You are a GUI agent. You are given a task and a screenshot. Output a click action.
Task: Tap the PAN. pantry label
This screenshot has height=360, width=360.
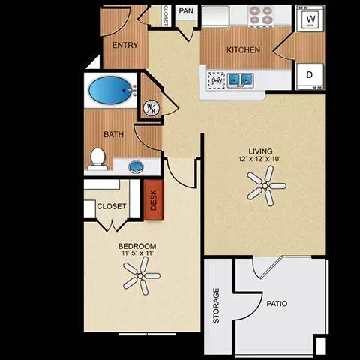(186, 12)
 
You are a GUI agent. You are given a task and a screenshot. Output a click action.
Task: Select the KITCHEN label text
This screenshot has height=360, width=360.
(244, 50)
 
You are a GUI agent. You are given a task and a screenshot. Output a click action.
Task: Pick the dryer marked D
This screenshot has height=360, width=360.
(309, 74)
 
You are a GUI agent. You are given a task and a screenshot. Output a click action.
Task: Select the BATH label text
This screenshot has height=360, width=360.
(113, 135)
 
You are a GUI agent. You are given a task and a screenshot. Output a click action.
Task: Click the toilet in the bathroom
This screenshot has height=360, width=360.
(97, 157)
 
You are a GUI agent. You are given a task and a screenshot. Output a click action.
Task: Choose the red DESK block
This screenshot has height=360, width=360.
(154, 200)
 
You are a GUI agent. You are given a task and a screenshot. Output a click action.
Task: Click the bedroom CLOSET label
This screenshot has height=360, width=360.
(112, 206)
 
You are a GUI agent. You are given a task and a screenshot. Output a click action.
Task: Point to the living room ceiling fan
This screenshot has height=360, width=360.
(266, 184)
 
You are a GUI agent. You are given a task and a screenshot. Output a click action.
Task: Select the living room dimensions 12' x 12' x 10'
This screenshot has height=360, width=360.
(262, 160)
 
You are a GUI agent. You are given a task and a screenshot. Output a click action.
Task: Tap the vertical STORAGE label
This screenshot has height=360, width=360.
(217, 305)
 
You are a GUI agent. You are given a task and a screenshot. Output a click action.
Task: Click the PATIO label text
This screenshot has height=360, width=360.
(276, 304)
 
